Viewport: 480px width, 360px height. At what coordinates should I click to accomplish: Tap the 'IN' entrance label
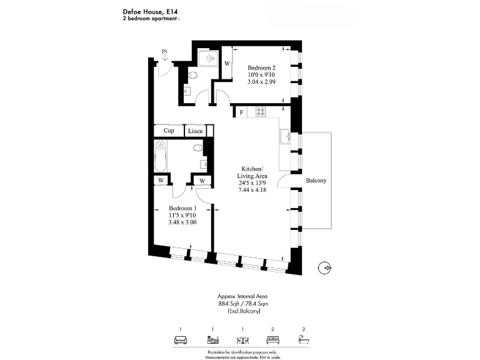[164, 51]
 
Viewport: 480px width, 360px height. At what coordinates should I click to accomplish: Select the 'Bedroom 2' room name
[261, 67]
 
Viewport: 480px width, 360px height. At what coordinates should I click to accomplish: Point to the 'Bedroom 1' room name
[183, 208]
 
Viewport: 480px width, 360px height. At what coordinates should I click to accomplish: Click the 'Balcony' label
[316, 181]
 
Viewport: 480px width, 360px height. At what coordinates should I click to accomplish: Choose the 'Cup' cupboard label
[169, 131]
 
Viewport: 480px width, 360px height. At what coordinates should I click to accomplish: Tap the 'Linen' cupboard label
[196, 131]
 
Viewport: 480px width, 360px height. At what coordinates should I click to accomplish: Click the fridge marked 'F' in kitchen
[241, 112]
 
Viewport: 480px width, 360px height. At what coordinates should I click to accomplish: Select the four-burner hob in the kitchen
[261, 112]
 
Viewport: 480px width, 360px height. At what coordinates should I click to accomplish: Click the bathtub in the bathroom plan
[161, 157]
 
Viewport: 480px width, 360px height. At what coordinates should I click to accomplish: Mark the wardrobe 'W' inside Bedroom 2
[226, 64]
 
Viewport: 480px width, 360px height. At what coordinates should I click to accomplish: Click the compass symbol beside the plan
[324, 267]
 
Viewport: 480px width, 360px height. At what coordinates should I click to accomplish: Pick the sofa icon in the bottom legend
[180, 340]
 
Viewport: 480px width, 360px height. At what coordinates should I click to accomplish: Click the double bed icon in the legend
[272, 340]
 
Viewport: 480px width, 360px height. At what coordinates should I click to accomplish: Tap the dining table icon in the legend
[242, 340]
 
